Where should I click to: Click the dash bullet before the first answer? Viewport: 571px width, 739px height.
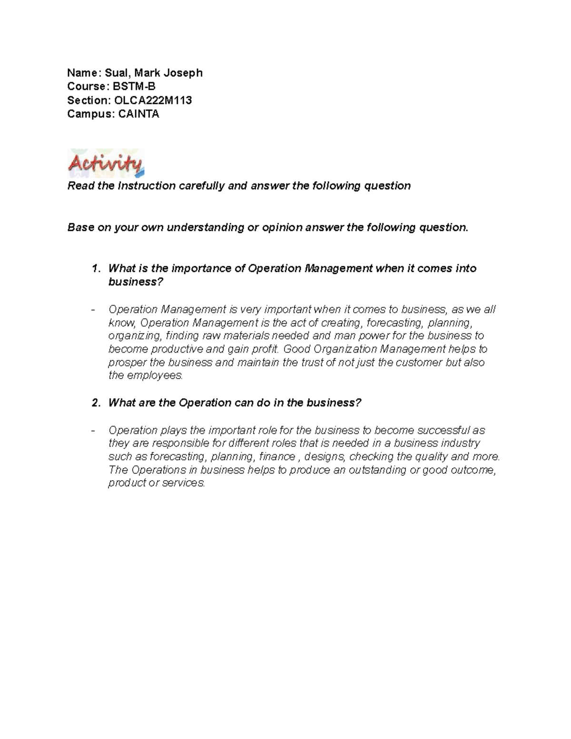click(93, 310)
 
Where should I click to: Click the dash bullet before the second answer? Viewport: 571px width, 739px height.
click(93, 431)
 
